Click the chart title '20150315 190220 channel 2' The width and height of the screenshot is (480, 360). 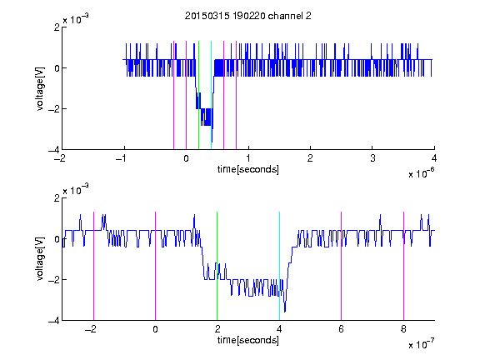pyautogui.click(x=248, y=16)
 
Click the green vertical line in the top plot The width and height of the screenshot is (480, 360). pyautogui.click(x=198, y=95)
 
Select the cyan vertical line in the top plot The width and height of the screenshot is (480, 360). pyautogui.click(x=211, y=95)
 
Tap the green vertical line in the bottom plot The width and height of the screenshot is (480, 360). pyautogui.click(x=217, y=266)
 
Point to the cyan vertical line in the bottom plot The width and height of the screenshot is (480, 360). pyautogui.click(x=279, y=266)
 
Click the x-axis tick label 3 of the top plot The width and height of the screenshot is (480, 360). pyautogui.click(x=372, y=158)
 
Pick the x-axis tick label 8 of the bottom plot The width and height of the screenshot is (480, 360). pyautogui.click(x=403, y=329)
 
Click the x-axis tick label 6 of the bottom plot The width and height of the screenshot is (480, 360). pyautogui.click(x=342, y=329)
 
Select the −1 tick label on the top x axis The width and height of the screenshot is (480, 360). pyautogui.click(x=121, y=158)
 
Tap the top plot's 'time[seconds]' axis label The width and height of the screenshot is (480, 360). pyautogui.click(x=248, y=169)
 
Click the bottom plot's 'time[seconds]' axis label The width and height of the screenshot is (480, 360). pyautogui.click(x=248, y=340)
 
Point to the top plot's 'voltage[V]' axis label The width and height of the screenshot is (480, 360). pyautogui.click(x=40, y=89)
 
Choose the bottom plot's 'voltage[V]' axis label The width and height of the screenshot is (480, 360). pyautogui.click(x=40, y=259)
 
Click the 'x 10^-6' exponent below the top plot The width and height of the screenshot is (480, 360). pyautogui.click(x=421, y=173)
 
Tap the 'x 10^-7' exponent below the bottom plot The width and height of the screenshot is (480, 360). pyautogui.click(x=421, y=344)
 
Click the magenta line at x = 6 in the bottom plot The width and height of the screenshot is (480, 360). pyautogui.click(x=342, y=266)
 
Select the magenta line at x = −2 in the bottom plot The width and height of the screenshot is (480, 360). pyautogui.click(x=93, y=266)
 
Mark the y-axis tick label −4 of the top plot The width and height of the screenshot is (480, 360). pyautogui.click(x=54, y=150)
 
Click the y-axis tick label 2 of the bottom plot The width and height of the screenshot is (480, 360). pyautogui.click(x=57, y=198)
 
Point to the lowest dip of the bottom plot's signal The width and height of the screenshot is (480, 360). pyautogui.click(x=285, y=312)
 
